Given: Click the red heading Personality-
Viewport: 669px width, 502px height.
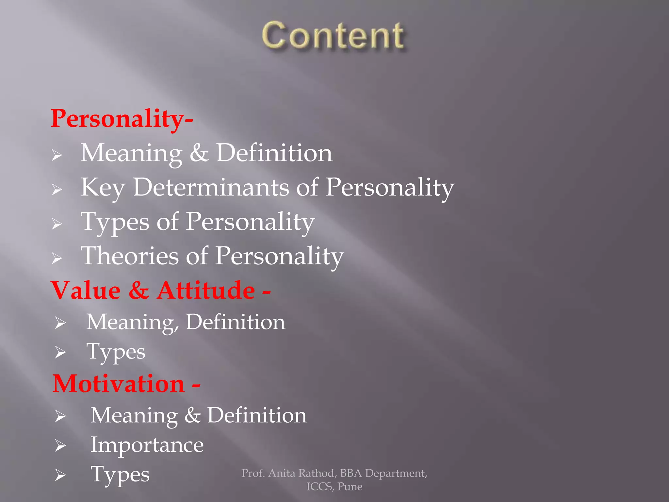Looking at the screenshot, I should [x=122, y=118].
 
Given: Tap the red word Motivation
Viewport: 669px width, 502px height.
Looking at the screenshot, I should [x=119, y=384].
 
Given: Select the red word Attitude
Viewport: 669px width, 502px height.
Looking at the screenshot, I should [x=205, y=290].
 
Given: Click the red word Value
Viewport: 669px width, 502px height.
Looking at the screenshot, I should [x=86, y=290].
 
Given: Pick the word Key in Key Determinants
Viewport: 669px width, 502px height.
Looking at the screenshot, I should [x=103, y=188].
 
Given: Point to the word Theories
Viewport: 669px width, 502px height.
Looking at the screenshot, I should [x=130, y=256].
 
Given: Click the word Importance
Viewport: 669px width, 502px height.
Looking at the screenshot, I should [x=147, y=445].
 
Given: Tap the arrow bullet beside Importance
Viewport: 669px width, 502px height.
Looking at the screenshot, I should [x=60, y=445].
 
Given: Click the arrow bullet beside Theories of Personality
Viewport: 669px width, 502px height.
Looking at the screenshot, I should [x=57, y=258].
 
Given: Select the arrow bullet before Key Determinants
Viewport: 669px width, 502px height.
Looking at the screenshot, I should [x=57, y=190].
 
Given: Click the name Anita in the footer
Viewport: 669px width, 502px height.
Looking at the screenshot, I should [x=282, y=473].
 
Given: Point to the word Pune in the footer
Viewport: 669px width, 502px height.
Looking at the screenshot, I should [x=350, y=487].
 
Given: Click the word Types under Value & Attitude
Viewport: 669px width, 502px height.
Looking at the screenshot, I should [x=116, y=352].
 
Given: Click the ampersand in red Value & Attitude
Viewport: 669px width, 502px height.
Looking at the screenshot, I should [x=139, y=290].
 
